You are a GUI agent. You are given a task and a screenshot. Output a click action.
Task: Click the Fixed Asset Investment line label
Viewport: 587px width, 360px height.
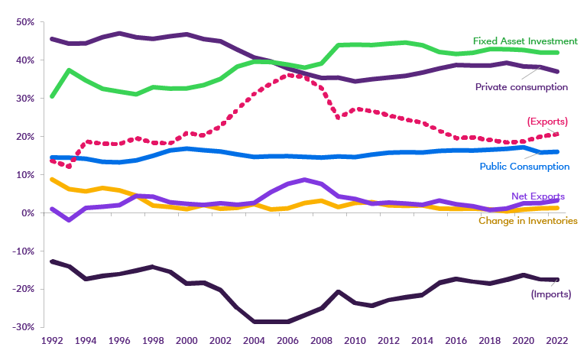pyautogui.click(x=525, y=40)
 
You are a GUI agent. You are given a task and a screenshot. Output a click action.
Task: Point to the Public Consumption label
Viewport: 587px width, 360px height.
pyautogui.click(x=524, y=166)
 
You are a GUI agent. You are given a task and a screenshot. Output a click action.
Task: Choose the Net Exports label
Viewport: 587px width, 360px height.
pyautogui.click(x=539, y=196)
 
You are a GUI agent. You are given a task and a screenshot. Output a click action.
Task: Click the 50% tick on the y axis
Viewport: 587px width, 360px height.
pyautogui.click(x=25, y=22)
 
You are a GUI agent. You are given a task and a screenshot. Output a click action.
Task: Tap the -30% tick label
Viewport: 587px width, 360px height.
pyautogui.click(x=23, y=327)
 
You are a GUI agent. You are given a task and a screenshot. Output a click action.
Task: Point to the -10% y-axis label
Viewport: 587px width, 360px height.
pyautogui.click(x=23, y=251)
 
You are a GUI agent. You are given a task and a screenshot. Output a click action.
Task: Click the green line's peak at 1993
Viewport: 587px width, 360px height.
pyautogui.click(x=69, y=70)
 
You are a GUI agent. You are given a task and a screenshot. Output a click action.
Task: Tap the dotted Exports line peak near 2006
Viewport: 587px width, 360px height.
pyautogui.click(x=287, y=75)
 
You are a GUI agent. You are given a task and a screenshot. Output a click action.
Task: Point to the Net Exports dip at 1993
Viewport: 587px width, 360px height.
pyautogui.click(x=69, y=220)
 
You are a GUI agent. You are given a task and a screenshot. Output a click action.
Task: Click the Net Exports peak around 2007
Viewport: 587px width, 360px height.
pyautogui.click(x=303, y=180)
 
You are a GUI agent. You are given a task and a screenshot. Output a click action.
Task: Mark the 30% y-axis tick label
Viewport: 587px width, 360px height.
pyautogui.click(x=25, y=99)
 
